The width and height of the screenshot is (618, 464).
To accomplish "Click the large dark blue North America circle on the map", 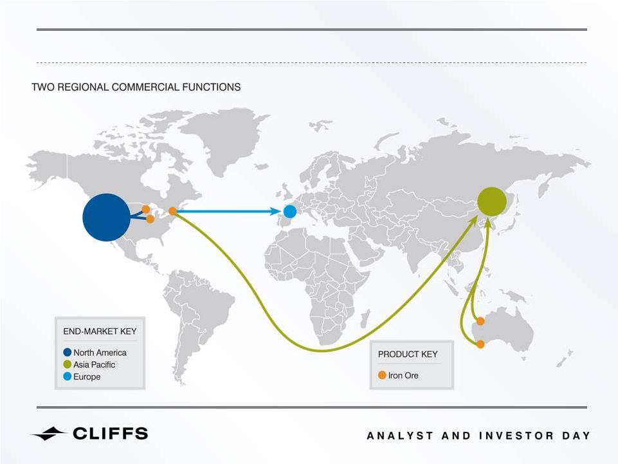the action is [x=106, y=218].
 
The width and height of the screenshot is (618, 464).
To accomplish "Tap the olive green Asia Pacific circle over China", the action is [x=492, y=201].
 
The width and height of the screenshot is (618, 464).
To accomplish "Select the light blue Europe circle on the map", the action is [x=289, y=212].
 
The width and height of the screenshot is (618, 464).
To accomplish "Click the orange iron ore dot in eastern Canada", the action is [x=172, y=211].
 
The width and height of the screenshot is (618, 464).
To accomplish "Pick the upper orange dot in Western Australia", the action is [x=480, y=321].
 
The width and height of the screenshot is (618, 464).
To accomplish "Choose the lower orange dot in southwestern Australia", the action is [x=480, y=344].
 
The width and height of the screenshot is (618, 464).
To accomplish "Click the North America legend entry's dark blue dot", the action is [x=68, y=352].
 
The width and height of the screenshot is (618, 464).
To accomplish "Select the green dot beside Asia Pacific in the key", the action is [x=68, y=364].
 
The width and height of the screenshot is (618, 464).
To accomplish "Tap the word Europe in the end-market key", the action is [x=87, y=377].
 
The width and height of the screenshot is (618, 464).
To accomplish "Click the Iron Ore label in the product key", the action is [x=403, y=375].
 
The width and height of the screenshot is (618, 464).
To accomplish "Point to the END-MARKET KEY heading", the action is [x=100, y=331].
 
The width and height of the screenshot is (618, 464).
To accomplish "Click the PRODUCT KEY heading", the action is [x=408, y=355].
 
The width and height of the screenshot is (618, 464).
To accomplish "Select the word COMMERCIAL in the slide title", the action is [x=146, y=87].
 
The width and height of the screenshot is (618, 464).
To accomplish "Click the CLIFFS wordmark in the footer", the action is [x=111, y=433].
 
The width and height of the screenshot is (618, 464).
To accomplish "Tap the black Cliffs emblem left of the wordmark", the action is [x=48, y=434].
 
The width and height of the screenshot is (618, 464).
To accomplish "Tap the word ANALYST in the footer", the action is [x=399, y=436].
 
